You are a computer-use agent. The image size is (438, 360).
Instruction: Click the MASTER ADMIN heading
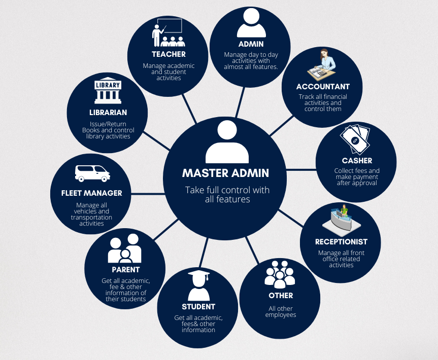[x=225, y=173]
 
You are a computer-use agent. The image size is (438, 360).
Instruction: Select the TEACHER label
[x=169, y=54]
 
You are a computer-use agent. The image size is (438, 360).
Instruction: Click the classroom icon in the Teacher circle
[x=168, y=33]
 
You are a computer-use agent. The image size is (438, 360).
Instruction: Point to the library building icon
[x=107, y=91]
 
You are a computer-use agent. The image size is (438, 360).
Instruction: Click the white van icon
[x=92, y=173]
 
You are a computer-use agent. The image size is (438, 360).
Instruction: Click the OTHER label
[x=281, y=296]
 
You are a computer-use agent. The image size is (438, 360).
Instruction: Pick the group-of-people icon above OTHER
[x=280, y=274]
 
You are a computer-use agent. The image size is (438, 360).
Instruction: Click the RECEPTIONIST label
[x=341, y=242]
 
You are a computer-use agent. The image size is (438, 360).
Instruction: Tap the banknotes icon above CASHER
[x=355, y=139]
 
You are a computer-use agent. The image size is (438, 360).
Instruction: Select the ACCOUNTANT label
[x=323, y=87]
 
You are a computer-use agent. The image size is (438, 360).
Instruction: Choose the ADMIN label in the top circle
[x=251, y=44]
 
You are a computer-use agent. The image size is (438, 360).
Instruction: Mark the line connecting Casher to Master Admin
[x=302, y=169]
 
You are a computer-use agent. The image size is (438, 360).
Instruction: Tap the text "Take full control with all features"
[x=227, y=195]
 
